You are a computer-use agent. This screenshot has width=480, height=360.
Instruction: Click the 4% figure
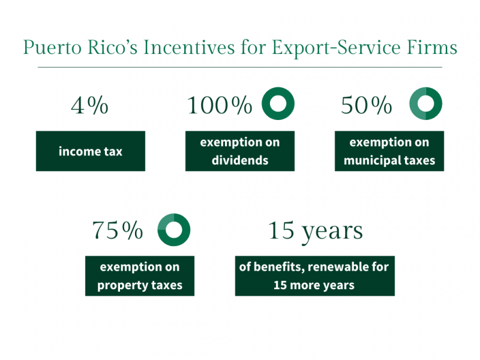(x=90, y=106)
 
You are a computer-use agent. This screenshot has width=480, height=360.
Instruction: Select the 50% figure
(x=366, y=106)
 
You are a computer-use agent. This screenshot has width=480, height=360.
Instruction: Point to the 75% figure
(x=118, y=230)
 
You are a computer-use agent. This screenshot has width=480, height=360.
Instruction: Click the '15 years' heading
(x=315, y=230)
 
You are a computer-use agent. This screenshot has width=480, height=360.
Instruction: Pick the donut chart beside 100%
(x=278, y=104)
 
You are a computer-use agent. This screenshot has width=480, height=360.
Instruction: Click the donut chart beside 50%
(x=425, y=104)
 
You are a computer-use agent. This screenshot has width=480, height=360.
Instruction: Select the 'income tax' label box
(x=90, y=151)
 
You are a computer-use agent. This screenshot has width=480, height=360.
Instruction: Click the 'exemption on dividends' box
(x=239, y=151)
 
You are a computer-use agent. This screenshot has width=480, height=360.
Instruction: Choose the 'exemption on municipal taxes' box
(x=389, y=151)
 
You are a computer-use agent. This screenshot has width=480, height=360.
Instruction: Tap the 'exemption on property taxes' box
(x=139, y=276)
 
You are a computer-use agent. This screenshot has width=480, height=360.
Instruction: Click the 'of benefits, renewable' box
(x=314, y=276)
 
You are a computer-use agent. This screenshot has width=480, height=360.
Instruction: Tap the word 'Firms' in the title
(x=433, y=47)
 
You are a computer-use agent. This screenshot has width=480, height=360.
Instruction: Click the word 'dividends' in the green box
(x=239, y=161)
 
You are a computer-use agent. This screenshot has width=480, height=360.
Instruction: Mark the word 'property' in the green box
(x=122, y=286)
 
